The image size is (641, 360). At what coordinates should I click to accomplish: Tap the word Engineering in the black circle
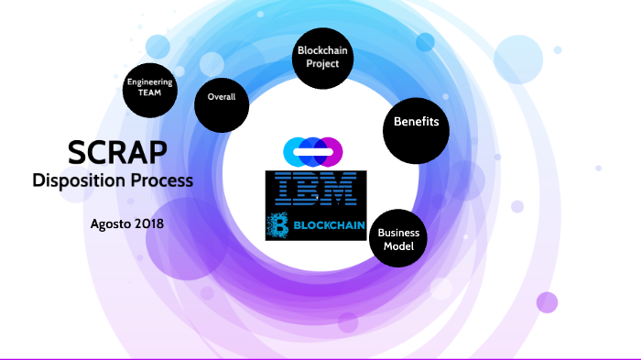click(149, 82)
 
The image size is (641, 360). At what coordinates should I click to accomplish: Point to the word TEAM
click(149, 93)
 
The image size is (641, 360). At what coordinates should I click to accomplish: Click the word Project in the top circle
click(323, 64)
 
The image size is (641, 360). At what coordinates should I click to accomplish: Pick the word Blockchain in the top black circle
click(323, 52)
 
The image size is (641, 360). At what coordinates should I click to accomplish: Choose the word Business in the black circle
click(398, 233)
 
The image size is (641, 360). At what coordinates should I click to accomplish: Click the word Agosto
click(114, 224)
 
